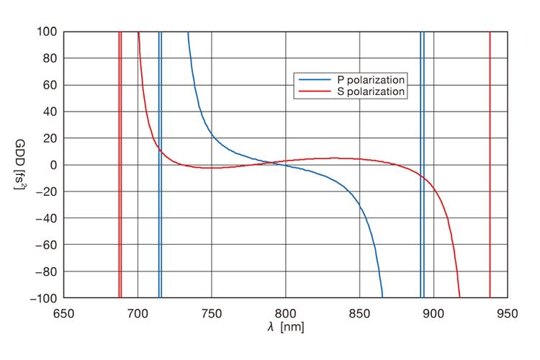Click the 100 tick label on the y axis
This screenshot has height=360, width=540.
(x=48, y=32)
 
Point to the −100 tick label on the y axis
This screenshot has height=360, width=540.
(x=45, y=297)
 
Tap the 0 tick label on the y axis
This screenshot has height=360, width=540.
(x=54, y=165)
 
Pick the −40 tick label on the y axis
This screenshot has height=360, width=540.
(x=48, y=217)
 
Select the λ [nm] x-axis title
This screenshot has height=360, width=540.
(x=286, y=327)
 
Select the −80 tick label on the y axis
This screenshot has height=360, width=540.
(x=48, y=271)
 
